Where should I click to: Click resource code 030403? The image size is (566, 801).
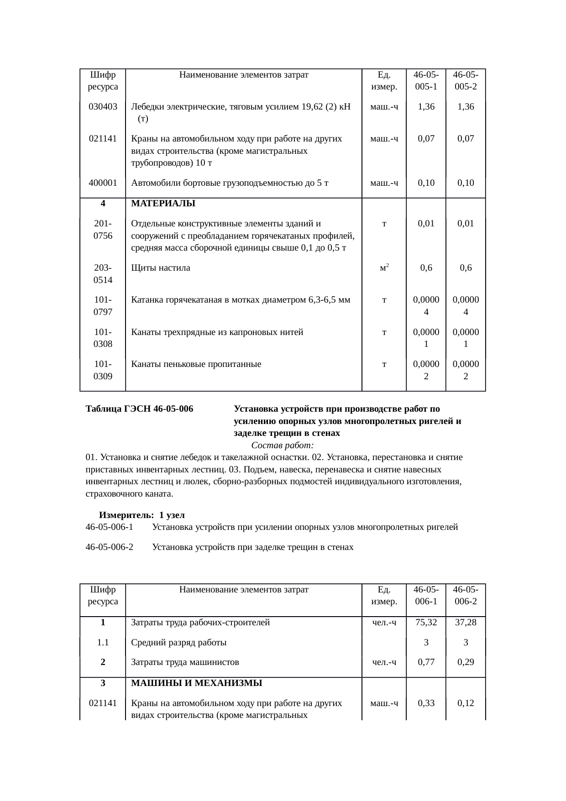point(103,107)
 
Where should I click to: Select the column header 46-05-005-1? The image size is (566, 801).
point(426,81)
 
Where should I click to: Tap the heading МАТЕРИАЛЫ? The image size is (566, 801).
point(163,204)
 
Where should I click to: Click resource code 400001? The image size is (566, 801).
point(103,183)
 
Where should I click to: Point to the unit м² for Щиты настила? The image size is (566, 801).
point(384,268)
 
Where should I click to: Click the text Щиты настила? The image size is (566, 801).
point(161,268)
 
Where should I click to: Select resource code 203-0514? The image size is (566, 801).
point(103,274)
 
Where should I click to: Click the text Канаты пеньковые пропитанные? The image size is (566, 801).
point(196,364)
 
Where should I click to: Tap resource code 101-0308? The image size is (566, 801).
point(103,338)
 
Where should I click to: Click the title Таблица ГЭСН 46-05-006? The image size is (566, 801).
point(139,409)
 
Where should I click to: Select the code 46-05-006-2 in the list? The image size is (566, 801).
point(109,547)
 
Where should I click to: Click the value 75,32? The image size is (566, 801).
point(426,623)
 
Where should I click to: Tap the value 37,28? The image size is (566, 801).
point(466,623)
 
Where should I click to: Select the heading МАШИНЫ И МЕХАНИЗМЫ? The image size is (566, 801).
point(196,683)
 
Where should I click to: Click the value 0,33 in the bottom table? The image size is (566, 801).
point(426,703)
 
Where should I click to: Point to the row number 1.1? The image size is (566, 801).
point(103,643)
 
